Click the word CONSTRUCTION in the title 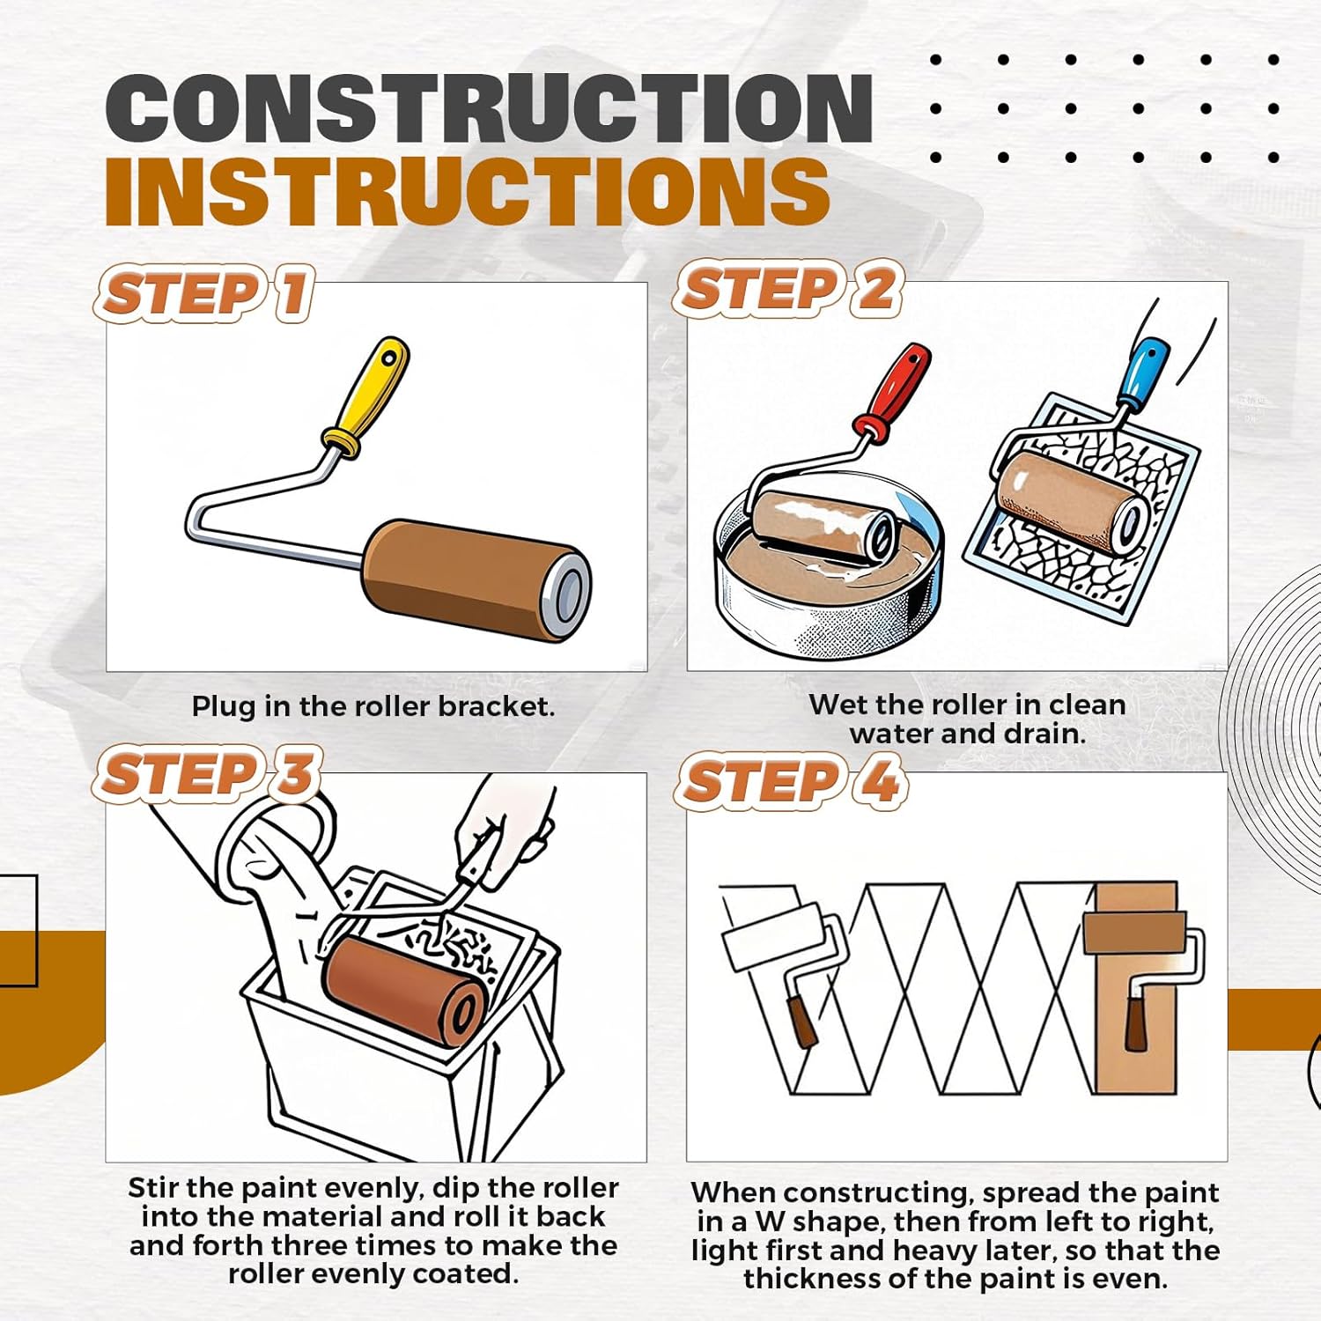click(490, 108)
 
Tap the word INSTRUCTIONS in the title click(468, 191)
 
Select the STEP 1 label click(205, 293)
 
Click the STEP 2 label click(789, 289)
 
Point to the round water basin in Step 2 click(827, 572)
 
